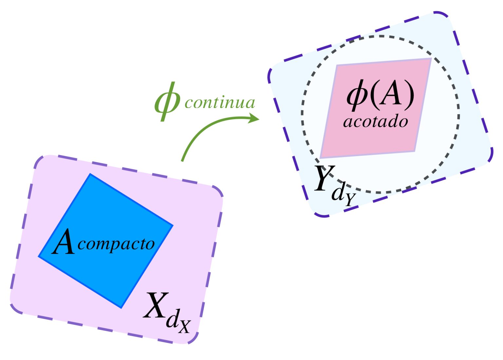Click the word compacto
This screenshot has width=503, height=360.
pyautogui.click(x=116, y=244)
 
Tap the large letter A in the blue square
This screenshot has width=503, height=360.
pyautogui.click(x=64, y=242)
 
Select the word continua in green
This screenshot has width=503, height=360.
pyautogui.click(x=220, y=102)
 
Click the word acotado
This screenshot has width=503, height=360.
pyautogui.click(x=376, y=122)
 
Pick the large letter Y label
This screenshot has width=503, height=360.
pyautogui.click(x=324, y=178)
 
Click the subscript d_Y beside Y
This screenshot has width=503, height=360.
pyautogui.click(x=344, y=196)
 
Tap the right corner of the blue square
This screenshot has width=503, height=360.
pyautogui.click(x=172, y=225)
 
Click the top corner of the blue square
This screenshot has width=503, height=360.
pyautogui.click(x=90, y=174)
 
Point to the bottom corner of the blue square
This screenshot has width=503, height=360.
pyautogui.click(x=121, y=308)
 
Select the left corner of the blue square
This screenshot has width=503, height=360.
pyautogui.click(x=39, y=257)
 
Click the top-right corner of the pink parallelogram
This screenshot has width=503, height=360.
pyautogui.click(x=431, y=59)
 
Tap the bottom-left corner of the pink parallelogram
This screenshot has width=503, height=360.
pyautogui.click(x=321, y=158)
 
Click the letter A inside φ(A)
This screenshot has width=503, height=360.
pyautogui.click(x=392, y=95)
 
